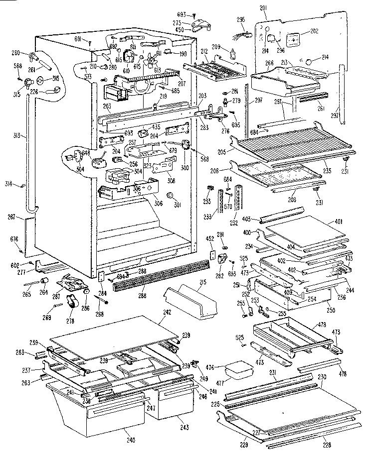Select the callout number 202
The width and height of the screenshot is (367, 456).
click(314, 31)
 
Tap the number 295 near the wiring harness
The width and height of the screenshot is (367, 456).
click(241, 20)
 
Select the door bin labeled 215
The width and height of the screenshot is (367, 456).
click(192, 301)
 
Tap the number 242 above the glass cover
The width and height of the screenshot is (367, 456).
click(167, 313)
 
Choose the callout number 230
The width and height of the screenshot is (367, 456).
click(323, 377)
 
